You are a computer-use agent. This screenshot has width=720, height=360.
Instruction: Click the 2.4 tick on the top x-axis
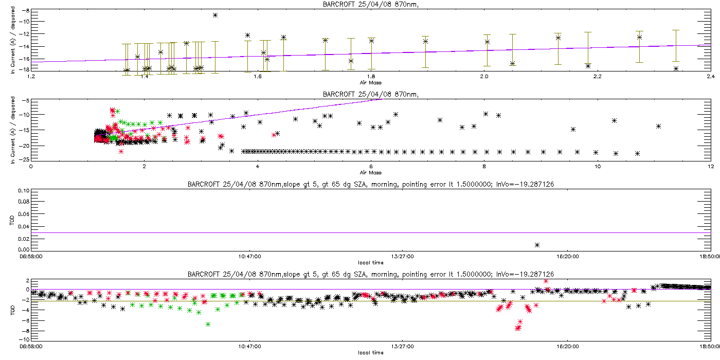(x=710, y=77)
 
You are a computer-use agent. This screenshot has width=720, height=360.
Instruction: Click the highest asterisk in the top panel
(x=215, y=15)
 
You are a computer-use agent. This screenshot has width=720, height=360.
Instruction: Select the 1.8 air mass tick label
(x=370, y=77)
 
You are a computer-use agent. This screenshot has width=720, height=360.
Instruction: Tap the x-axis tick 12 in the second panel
(x=710, y=166)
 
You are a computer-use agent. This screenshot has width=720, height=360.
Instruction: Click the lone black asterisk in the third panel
(x=537, y=245)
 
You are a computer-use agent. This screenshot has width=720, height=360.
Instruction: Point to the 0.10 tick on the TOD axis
(x=23, y=190)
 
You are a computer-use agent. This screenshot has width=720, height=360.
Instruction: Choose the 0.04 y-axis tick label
(x=23, y=226)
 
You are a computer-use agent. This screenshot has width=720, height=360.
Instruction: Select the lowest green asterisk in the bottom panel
(x=208, y=324)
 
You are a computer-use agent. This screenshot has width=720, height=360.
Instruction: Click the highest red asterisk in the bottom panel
(x=546, y=281)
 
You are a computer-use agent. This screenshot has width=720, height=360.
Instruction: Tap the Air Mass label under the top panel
(x=370, y=82)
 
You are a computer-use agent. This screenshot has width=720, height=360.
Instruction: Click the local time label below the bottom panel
(x=370, y=353)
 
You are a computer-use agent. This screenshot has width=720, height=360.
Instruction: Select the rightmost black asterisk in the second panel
(x=658, y=126)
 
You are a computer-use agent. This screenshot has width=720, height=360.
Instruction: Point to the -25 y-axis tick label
(x=24, y=159)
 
